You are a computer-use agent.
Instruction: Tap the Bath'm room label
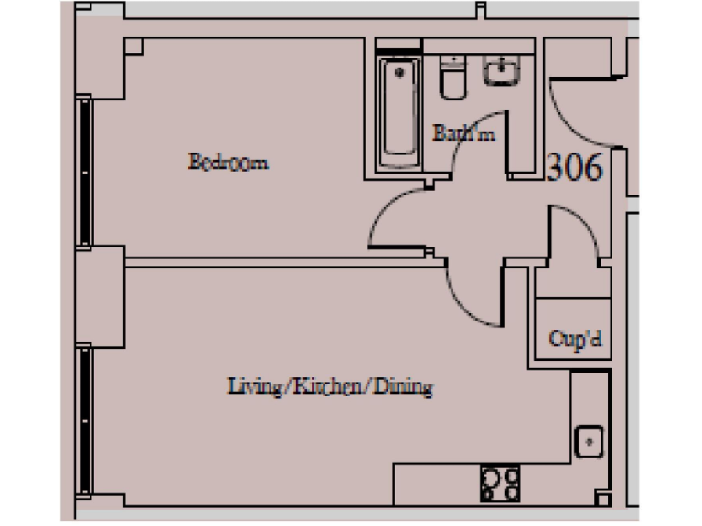pyautogui.click(x=463, y=133)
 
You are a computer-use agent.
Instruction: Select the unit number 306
pyautogui.click(x=574, y=167)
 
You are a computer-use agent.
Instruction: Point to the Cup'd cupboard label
pyautogui.click(x=574, y=339)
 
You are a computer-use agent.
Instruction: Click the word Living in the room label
pyautogui.click(x=251, y=387)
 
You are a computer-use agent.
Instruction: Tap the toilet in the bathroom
pyautogui.click(x=452, y=78)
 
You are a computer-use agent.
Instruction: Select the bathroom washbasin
pyautogui.click(x=501, y=69)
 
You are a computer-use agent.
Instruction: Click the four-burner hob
pyautogui.click(x=499, y=483)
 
